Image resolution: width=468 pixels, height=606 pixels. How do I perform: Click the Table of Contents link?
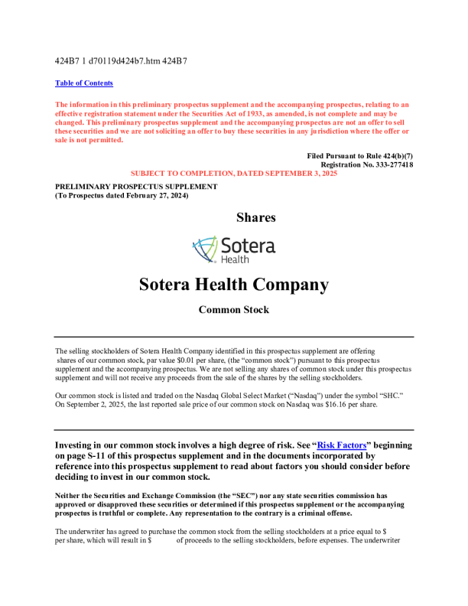point(84,83)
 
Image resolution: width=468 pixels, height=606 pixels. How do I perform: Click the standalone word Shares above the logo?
point(256,218)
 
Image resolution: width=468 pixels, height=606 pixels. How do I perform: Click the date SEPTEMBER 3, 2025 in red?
point(288,174)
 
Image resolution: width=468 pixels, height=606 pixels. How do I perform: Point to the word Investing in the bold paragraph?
point(79,445)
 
